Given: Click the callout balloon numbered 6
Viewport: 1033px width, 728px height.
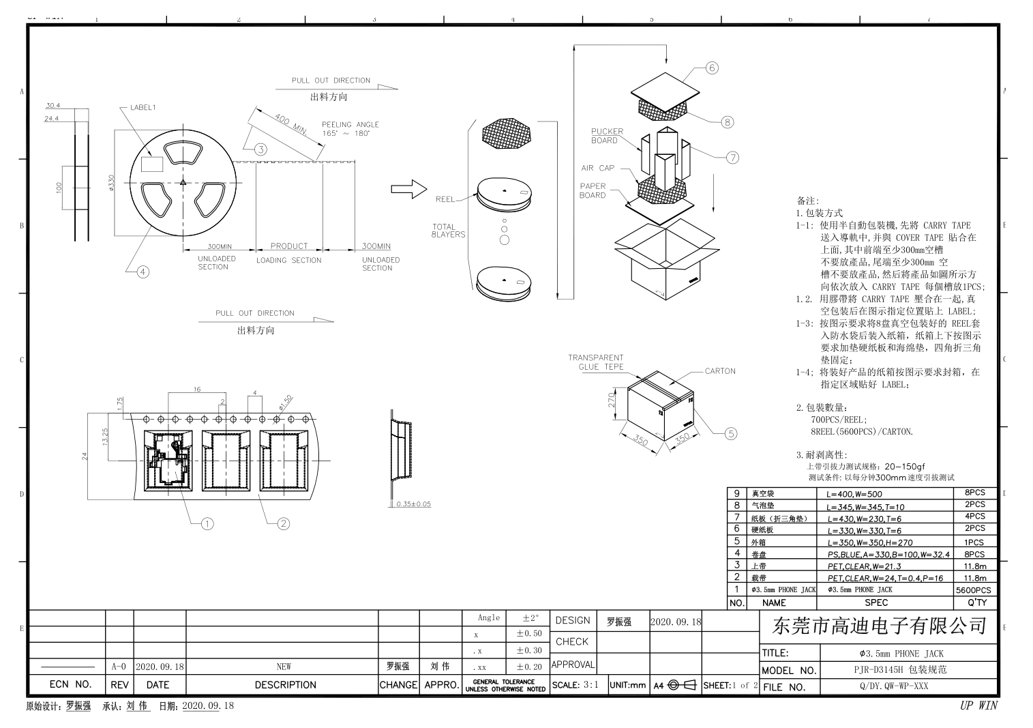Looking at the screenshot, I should (x=712, y=68).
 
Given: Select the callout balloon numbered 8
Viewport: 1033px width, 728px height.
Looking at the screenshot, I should (x=728, y=122).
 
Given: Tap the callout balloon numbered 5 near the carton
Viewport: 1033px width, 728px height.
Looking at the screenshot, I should (x=730, y=433).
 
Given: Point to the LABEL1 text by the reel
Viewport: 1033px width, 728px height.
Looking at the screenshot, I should (x=143, y=108).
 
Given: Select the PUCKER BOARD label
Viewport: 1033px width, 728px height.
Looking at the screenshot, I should (x=606, y=136).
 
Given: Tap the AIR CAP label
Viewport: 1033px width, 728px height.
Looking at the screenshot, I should (x=597, y=168).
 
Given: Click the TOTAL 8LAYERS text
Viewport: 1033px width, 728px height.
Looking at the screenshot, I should (x=448, y=231).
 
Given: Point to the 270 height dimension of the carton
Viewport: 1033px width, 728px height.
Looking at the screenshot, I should (x=612, y=399).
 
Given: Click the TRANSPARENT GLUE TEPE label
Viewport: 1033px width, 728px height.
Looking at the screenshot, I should (x=595, y=362).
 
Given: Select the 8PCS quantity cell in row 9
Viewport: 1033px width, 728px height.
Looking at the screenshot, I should (x=974, y=493).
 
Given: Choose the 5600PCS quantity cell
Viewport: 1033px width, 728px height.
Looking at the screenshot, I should (x=974, y=590).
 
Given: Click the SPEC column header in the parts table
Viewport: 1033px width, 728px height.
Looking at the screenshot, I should (x=876, y=603).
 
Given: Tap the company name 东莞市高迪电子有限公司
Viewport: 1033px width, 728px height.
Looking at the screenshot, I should (x=879, y=625).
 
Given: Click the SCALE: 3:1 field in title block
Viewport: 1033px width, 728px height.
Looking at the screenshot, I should (x=576, y=685).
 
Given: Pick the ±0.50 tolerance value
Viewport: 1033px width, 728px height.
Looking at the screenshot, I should (x=529, y=634).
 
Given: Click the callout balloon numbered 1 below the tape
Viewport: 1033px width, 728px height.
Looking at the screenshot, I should (x=207, y=523).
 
